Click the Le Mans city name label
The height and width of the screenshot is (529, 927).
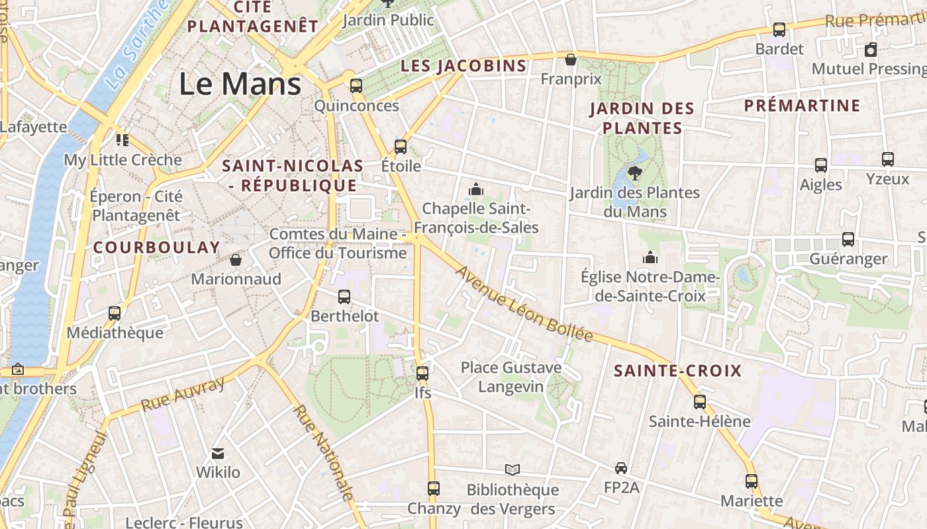point(240,84)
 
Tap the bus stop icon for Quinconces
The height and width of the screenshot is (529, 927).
point(356,85)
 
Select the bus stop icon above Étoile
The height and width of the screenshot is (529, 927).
point(401,146)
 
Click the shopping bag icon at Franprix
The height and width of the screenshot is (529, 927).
point(570,60)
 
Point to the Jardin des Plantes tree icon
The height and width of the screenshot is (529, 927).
point(634,173)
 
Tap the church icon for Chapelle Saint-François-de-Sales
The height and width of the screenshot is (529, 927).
point(475,190)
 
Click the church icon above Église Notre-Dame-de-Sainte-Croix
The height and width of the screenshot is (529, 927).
point(650,257)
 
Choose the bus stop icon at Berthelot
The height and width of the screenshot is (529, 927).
point(344,297)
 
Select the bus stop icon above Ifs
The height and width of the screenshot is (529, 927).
point(422,374)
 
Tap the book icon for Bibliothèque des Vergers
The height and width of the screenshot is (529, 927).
point(512,469)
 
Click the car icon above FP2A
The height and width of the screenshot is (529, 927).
point(621,468)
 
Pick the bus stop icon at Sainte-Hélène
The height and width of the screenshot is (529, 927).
point(700,401)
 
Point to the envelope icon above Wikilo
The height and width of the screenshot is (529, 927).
point(218,454)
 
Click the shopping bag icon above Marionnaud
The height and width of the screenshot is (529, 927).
point(236,259)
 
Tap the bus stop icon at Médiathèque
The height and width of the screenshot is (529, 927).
point(115,313)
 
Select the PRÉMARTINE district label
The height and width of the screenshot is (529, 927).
point(802,106)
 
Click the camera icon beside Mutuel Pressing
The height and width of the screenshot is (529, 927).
point(871,50)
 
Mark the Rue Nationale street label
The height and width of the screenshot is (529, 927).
point(324,453)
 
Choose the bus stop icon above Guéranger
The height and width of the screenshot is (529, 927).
point(848,239)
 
